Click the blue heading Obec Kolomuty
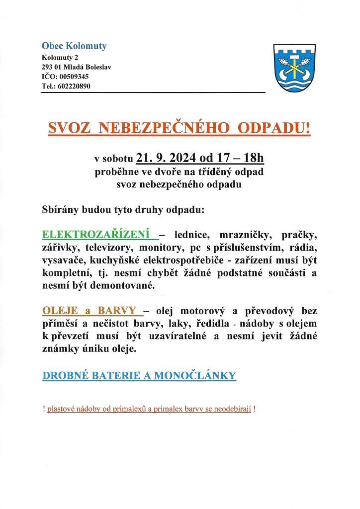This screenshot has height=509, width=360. coord(74,46)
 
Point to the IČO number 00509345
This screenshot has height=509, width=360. coord(74,77)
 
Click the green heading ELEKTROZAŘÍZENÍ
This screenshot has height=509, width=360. coord(98,234)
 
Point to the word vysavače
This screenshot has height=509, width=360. coord(62,260)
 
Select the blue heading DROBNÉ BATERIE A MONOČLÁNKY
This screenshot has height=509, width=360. coord(139,376)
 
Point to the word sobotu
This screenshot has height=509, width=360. coord(117,160)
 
